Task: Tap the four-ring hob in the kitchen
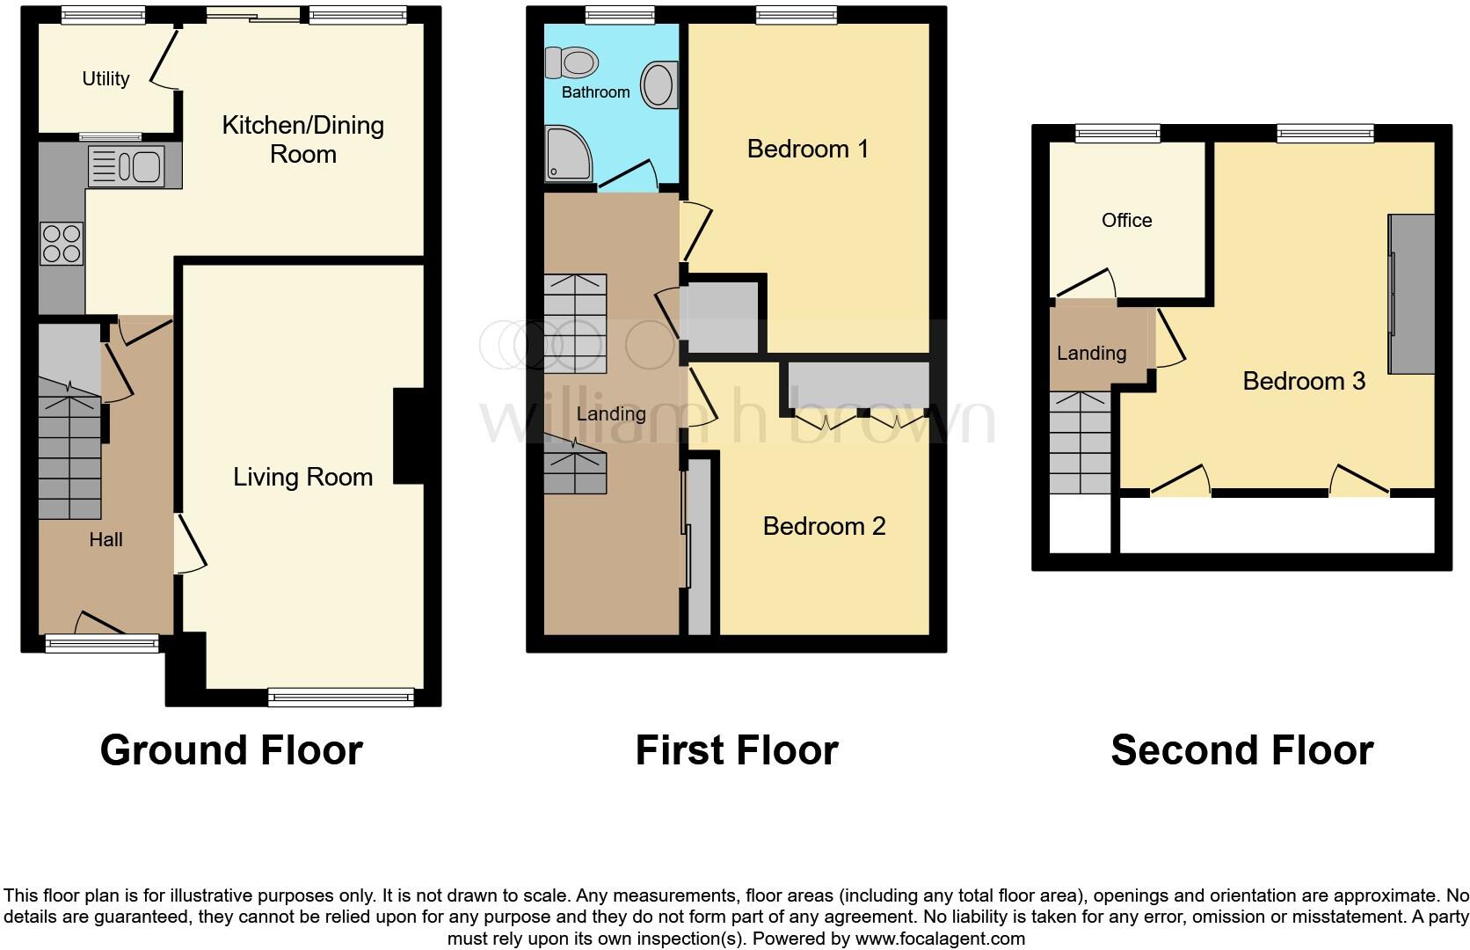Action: (62, 244)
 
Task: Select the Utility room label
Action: (106, 79)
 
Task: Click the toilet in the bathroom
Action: (571, 62)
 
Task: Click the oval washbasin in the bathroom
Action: (659, 85)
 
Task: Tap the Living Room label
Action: (302, 478)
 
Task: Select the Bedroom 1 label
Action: (807, 149)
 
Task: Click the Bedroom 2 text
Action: (823, 526)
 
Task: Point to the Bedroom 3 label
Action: (1303, 381)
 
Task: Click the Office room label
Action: (1126, 221)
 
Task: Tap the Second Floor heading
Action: (1241, 750)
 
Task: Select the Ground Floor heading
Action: (231, 750)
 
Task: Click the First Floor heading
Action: (736, 750)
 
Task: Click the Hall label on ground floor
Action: (106, 540)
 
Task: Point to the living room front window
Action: (341, 698)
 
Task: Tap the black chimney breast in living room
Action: (409, 436)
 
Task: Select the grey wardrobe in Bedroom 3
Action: (1411, 294)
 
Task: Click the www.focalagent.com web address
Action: (939, 939)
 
